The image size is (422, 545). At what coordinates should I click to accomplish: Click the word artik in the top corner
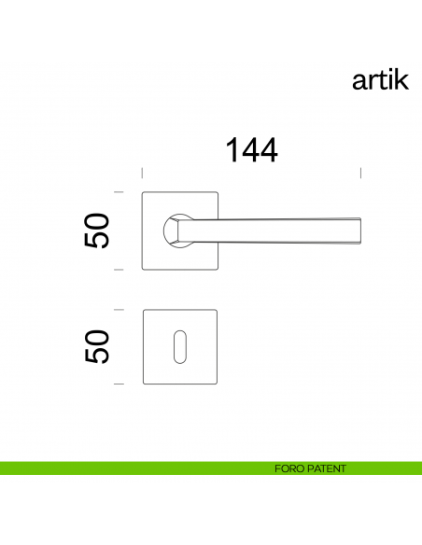pos(379,81)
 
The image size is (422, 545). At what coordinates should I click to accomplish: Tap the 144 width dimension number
pos(250,149)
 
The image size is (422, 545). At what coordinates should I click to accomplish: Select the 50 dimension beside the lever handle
pos(98,231)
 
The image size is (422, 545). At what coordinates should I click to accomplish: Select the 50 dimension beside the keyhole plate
pos(98,346)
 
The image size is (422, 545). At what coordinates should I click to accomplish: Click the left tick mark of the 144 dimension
pos(141,173)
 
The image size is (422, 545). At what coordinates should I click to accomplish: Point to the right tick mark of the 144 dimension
pos(361,173)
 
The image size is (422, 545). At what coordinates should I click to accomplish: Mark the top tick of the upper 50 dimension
pos(119,192)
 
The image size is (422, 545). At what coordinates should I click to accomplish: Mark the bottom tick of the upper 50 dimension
pos(119,269)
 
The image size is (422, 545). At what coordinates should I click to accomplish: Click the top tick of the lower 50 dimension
pos(119,309)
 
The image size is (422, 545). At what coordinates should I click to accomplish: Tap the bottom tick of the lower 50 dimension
pos(119,384)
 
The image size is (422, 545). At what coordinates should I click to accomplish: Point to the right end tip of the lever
pos(360,231)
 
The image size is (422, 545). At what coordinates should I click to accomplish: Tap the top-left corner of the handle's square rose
pos(143,193)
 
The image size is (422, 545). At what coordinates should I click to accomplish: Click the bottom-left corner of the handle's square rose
pos(143,268)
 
